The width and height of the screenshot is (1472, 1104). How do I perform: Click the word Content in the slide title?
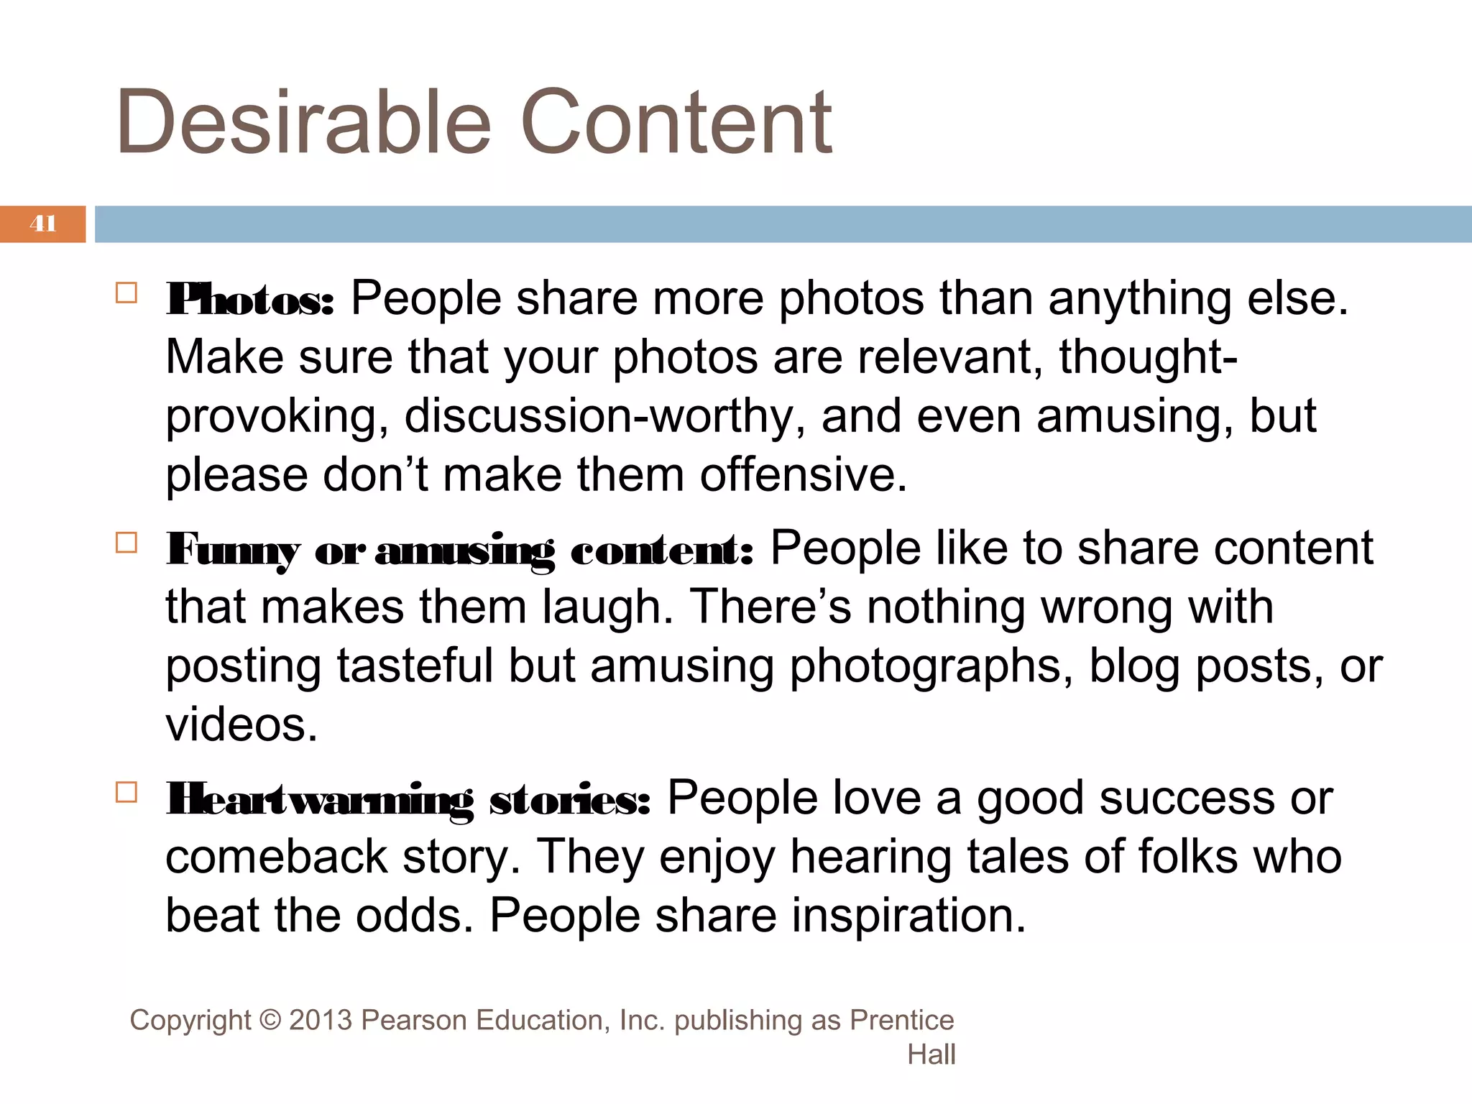click(x=675, y=121)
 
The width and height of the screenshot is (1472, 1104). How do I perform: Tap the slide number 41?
click(x=43, y=224)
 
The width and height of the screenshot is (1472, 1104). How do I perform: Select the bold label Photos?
click(x=250, y=300)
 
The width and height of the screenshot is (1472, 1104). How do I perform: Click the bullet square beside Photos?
click(x=126, y=293)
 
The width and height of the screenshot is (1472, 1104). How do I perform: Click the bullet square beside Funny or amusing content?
click(x=126, y=543)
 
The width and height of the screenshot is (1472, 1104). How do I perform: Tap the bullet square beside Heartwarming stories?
click(x=126, y=792)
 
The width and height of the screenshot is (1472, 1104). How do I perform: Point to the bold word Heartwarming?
click(x=320, y=800)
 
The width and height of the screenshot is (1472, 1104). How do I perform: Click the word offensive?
click(x=804, y=475)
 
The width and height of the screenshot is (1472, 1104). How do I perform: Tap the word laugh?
click(x=607, y=608)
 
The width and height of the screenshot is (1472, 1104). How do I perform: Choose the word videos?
click(x=241, y=724)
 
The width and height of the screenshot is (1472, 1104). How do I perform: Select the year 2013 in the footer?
click(x=321, y=1021)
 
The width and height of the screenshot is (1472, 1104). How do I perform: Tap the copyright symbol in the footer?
click(x=270, y=1021)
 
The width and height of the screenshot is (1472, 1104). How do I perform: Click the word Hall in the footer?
click(x=931, y=1054)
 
